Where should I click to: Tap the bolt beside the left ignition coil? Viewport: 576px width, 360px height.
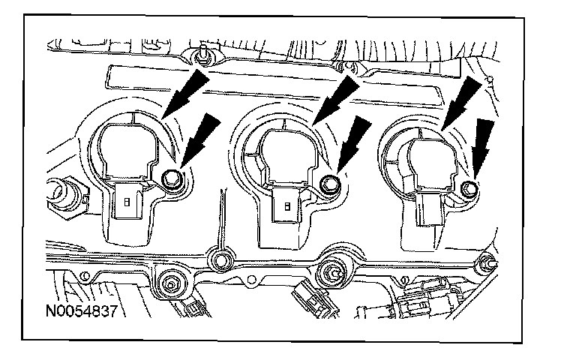169,178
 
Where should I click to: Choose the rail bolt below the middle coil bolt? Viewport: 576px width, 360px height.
330,270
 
